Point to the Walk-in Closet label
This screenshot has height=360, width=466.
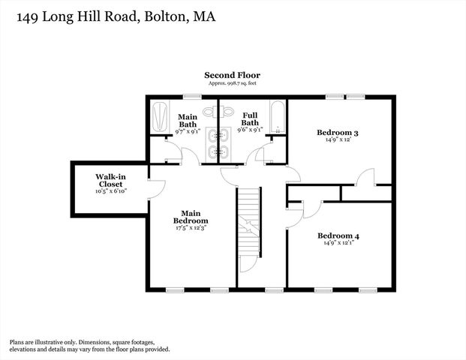[x=110, y=181]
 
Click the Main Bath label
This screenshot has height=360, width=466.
[x=188, y=120]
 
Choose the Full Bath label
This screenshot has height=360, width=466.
[x=250, y=118]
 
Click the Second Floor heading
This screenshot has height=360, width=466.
[x=233, y=75]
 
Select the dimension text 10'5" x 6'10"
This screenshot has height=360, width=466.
[x=110, y=192]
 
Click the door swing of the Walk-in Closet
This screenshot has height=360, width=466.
[x=157, y=190]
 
